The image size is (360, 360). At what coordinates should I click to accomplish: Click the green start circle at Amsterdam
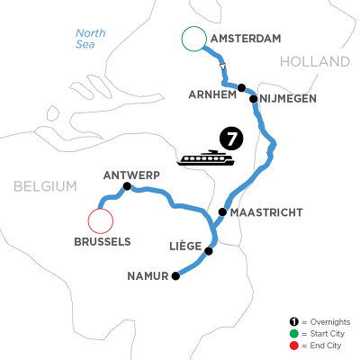tap(193, 40)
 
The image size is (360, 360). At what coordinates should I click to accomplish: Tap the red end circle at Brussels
tap(100, 220)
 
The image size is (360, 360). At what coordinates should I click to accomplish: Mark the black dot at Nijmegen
tap(254, 99)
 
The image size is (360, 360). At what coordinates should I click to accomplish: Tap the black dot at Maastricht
tap(222, 212)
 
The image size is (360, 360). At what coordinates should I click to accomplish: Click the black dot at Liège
tap(209, 251)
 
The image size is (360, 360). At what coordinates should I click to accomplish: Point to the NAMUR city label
tap(146, 276)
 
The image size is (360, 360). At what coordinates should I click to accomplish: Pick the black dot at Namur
tap(175, 276)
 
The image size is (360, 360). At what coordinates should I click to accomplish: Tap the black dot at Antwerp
tap(126, 187)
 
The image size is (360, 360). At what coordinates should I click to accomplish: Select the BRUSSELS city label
tap(102, 242)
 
